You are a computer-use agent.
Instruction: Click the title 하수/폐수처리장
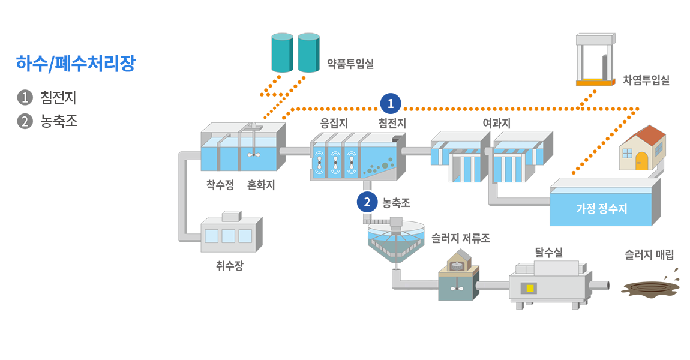76,64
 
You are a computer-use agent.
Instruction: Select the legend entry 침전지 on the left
58,97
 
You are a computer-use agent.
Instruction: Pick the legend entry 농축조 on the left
58,121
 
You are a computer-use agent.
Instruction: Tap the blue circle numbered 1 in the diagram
391,104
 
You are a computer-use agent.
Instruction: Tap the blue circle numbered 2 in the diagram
367,202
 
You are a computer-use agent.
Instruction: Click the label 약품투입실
350,63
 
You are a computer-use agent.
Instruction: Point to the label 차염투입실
646,80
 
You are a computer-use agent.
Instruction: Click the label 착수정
220,185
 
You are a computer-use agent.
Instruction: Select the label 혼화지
261,185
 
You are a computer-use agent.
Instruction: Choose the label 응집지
334,123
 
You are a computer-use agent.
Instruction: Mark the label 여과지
496,123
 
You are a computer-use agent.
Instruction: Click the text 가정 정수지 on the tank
601,209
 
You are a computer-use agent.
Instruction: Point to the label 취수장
230,265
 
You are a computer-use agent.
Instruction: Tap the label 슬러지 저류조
461,238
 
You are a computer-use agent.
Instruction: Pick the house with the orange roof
643,149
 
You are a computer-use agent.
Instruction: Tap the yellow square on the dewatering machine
530,289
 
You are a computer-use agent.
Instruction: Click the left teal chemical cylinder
282,53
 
